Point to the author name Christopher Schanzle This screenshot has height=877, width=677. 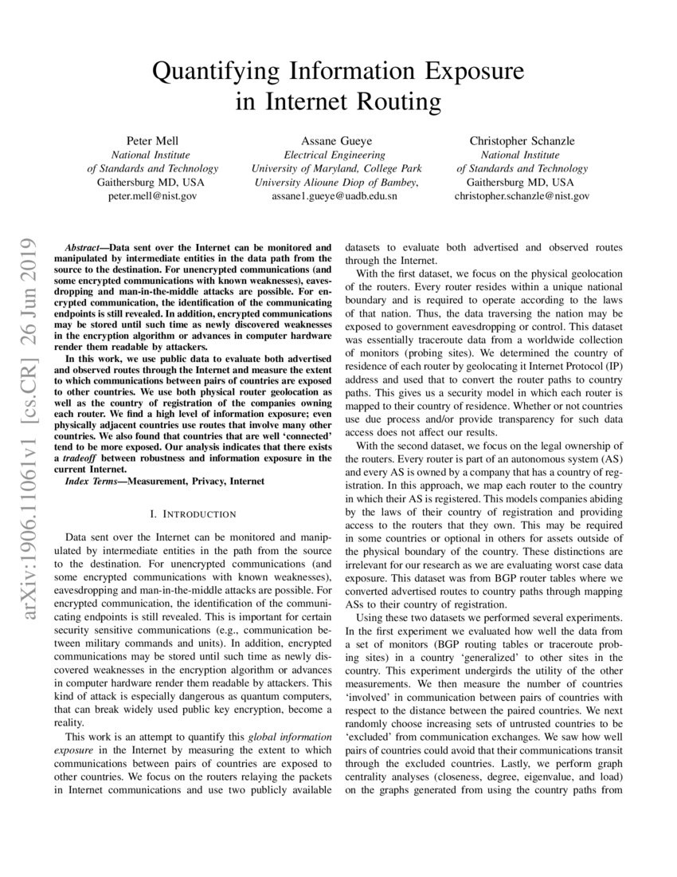[522, 141]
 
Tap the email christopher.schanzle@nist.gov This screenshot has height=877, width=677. [522, 195]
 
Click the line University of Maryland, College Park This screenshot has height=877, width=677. [336, 168]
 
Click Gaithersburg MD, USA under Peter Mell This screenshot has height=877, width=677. [151, 182]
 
